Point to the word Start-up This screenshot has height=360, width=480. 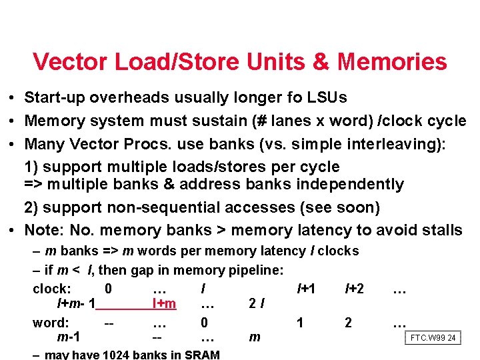pyautogui.click(x=54, y=97)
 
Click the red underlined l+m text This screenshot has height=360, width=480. pyautogui.click(x=164, y=304)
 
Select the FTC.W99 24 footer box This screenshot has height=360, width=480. pyautogui.click(x=433, y=338)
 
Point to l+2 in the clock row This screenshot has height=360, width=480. pyautogui.click(x=354, y=289)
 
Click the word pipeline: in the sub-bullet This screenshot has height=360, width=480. pyautogui.click(x=255, y=270)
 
